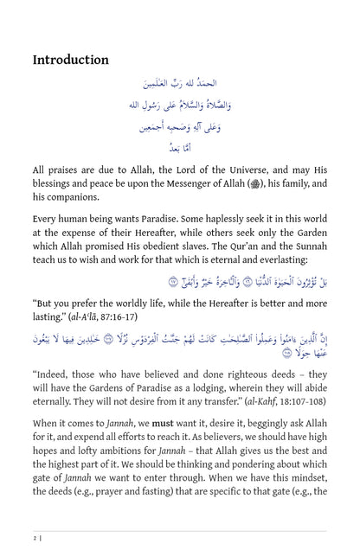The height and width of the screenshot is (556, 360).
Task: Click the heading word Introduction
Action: coord(70,60)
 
